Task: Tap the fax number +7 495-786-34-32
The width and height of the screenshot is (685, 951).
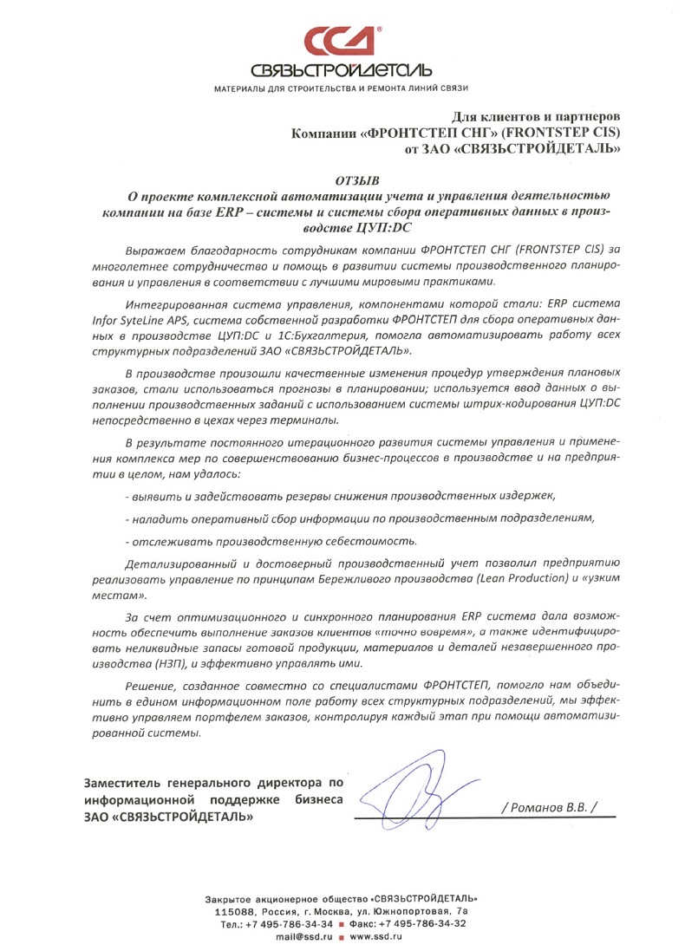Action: point(421,923)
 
